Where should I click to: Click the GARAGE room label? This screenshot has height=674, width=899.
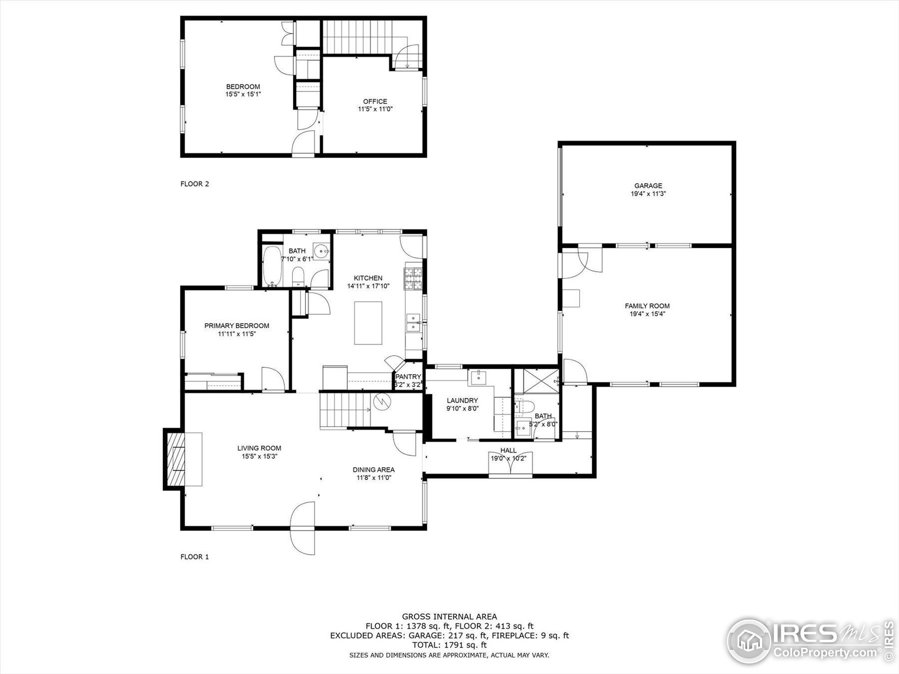point(648,186)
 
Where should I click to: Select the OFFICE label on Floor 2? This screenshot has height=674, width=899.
point(375,101)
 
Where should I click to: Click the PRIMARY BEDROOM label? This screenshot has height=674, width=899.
point(237,325)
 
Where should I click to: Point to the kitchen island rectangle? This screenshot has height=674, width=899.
point(368,323)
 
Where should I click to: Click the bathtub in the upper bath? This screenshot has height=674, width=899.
point(272,266)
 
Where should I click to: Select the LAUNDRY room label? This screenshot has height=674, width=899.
point(462,400)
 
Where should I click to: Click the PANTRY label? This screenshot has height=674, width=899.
point(408,377)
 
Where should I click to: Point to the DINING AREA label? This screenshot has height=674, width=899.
point(374,470)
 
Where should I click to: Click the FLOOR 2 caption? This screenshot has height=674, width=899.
point(195,184)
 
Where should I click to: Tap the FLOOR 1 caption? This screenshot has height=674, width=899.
point(195,557)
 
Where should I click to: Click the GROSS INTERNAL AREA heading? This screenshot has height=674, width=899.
point(449,616)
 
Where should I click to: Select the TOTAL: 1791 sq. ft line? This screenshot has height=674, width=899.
point(449,645)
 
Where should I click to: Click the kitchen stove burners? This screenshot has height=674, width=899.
point(413,279)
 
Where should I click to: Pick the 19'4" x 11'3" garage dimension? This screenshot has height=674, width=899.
point(648,194)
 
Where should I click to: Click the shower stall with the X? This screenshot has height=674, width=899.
point(541,381)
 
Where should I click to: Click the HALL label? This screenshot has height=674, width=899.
point(508,450)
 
